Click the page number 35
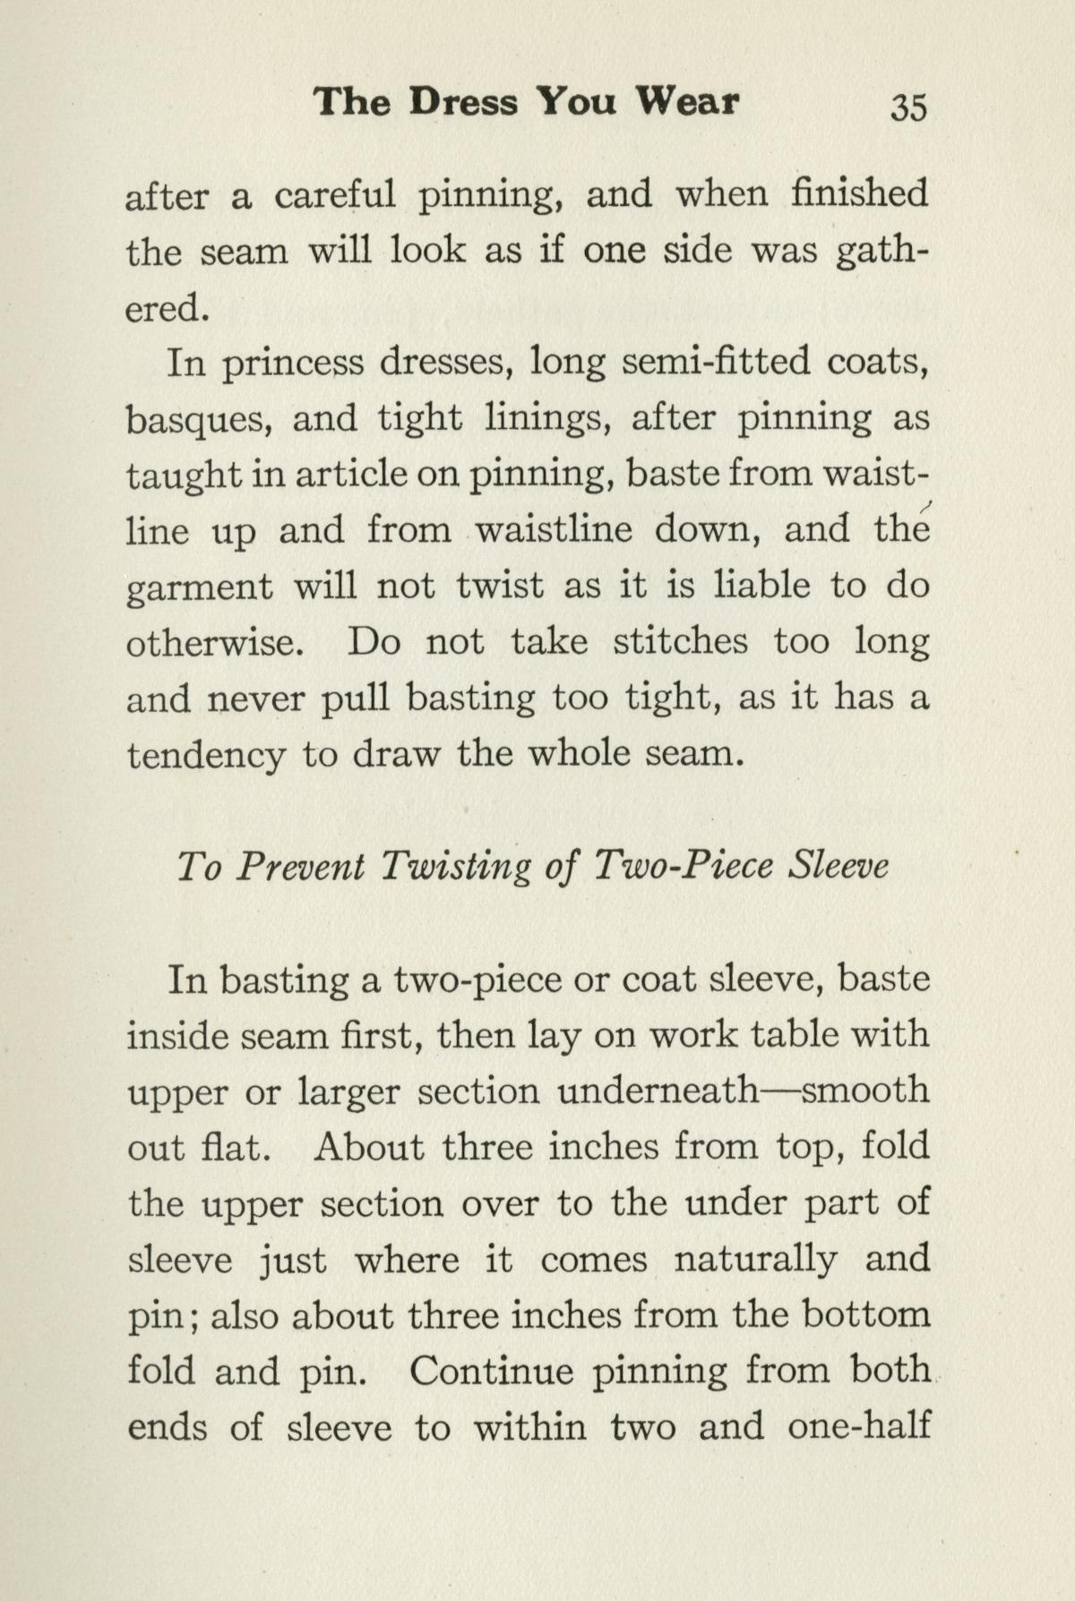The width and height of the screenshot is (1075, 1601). click(x=907, y=107)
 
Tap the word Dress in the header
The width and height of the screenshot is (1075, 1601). click(x=464, y=102)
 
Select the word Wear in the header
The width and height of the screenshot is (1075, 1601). click(x=687, y=102)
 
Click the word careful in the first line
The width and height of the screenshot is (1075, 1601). click(x=335, y=196)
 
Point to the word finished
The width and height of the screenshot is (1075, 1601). click(x=859, y=194)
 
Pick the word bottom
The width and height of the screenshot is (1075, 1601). click(x=865, y=1315)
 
